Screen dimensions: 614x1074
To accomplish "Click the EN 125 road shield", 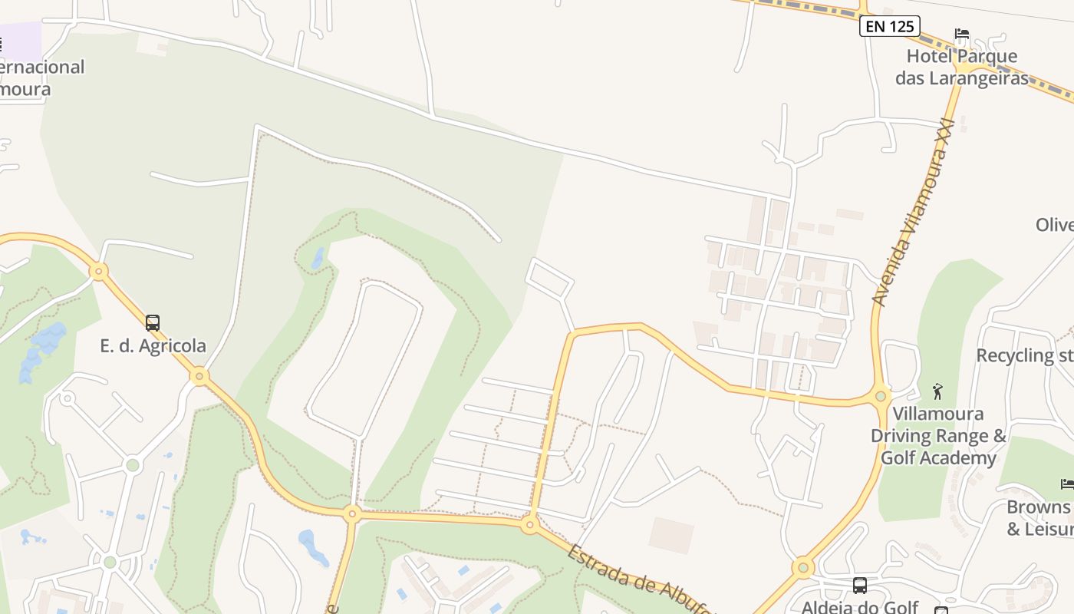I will tap(889, 26).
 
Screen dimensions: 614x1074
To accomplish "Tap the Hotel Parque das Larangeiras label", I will tap(961, 67).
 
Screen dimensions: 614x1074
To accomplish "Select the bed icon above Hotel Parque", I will tap(961, 35).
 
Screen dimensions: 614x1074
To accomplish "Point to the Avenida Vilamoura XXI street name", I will tap(914, 212).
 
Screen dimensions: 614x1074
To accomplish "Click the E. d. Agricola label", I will tap(153, 345).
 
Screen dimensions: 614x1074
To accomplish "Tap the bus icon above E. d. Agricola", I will tap(153, 323).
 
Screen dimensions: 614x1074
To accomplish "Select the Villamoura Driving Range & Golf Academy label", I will tap(937, 436).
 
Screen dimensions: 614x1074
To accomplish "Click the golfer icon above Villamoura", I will tap(937, 391).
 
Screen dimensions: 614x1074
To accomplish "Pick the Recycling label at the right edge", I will tap(1025, 355).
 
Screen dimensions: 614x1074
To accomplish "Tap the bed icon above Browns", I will tap(1067, 484).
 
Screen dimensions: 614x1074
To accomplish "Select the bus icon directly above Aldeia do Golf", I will tap(860, 586).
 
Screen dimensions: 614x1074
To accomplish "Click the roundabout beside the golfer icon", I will tap(881, 396).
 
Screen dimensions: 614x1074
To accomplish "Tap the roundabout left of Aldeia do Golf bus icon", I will tap(802, 568).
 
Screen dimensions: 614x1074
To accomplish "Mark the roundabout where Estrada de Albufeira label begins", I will tap(529, 526).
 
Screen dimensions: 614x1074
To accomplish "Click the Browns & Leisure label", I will tap(1039, 518).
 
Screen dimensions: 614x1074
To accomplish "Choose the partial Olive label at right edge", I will tap(1054, 225).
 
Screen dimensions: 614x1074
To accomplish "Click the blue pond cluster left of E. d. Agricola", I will tap(42, 350).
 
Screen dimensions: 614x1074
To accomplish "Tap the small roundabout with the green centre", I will tap(133, 464).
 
